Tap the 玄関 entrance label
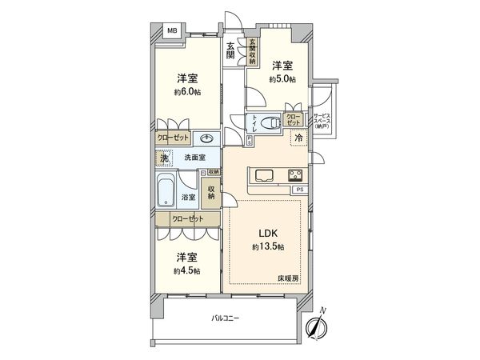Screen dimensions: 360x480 tap(230, 50)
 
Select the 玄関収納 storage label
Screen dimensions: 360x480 tap(252, 51)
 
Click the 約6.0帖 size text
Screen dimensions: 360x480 tap(188, 91)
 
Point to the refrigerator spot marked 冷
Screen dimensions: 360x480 tap(298, 137)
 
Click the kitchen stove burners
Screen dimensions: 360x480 tap(294, 176)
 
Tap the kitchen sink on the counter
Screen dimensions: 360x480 tap(264, 176)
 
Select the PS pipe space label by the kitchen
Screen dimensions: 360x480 tap(299, 190)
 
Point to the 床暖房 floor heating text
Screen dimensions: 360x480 tap(288, 277)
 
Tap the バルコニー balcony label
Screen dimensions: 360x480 tap(225, 318)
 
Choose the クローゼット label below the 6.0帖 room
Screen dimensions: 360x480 tap(174, 138)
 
